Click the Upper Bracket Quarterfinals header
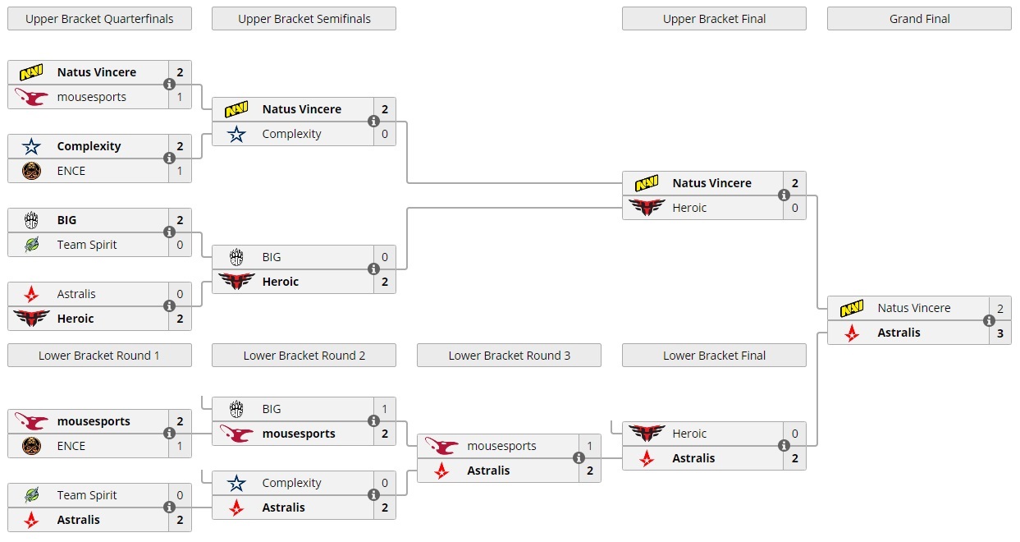point(99,19)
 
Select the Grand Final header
point(919,19)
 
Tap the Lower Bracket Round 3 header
point(509,356)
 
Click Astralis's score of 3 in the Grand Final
point(999,333)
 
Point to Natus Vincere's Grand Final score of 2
point(999,308)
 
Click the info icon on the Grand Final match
point(989,321)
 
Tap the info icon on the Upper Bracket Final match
point(784,195)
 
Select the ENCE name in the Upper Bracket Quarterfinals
point(71,171)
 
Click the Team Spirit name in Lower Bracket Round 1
point(87,495)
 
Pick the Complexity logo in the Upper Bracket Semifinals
point(236,134)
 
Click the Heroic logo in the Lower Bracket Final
point(647,434)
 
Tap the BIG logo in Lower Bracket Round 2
point(236,409)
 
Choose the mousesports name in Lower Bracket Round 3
point(501,446)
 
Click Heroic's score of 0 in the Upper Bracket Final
point(794,208)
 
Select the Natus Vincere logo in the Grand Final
point(852,308)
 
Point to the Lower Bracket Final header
point(714,356)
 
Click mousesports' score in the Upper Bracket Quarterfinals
point(180,97)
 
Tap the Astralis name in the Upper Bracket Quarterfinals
point(76,294)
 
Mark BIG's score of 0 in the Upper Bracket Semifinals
point(384,257)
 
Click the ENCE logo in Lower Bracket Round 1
point(31,446)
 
